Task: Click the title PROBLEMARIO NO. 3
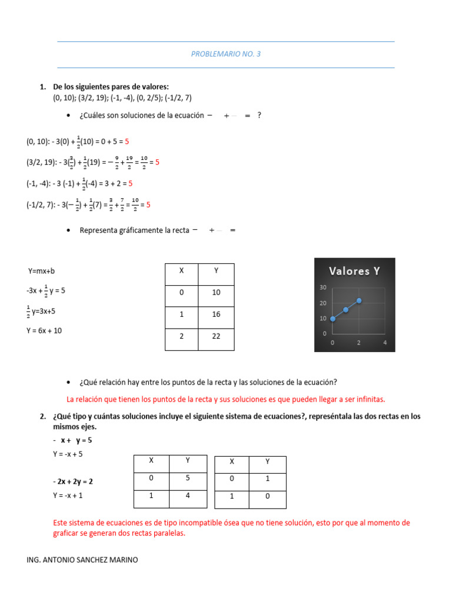point(225,54)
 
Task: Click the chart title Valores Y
point(354,271)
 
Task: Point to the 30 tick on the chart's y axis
point(323,287)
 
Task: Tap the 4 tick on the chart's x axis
point(385,342)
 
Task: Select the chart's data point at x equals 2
point(359,300)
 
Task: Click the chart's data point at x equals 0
point(333,319)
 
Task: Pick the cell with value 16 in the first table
point(216,315)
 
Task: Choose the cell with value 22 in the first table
point(216,336)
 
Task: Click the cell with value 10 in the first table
point(216,293)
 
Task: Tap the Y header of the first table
point(216,271)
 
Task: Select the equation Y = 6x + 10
point(44,331)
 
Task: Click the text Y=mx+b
point(41,272)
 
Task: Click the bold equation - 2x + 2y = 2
point(73,481)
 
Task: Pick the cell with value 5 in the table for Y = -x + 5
point(188,478)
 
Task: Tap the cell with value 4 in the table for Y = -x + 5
point(188,496)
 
